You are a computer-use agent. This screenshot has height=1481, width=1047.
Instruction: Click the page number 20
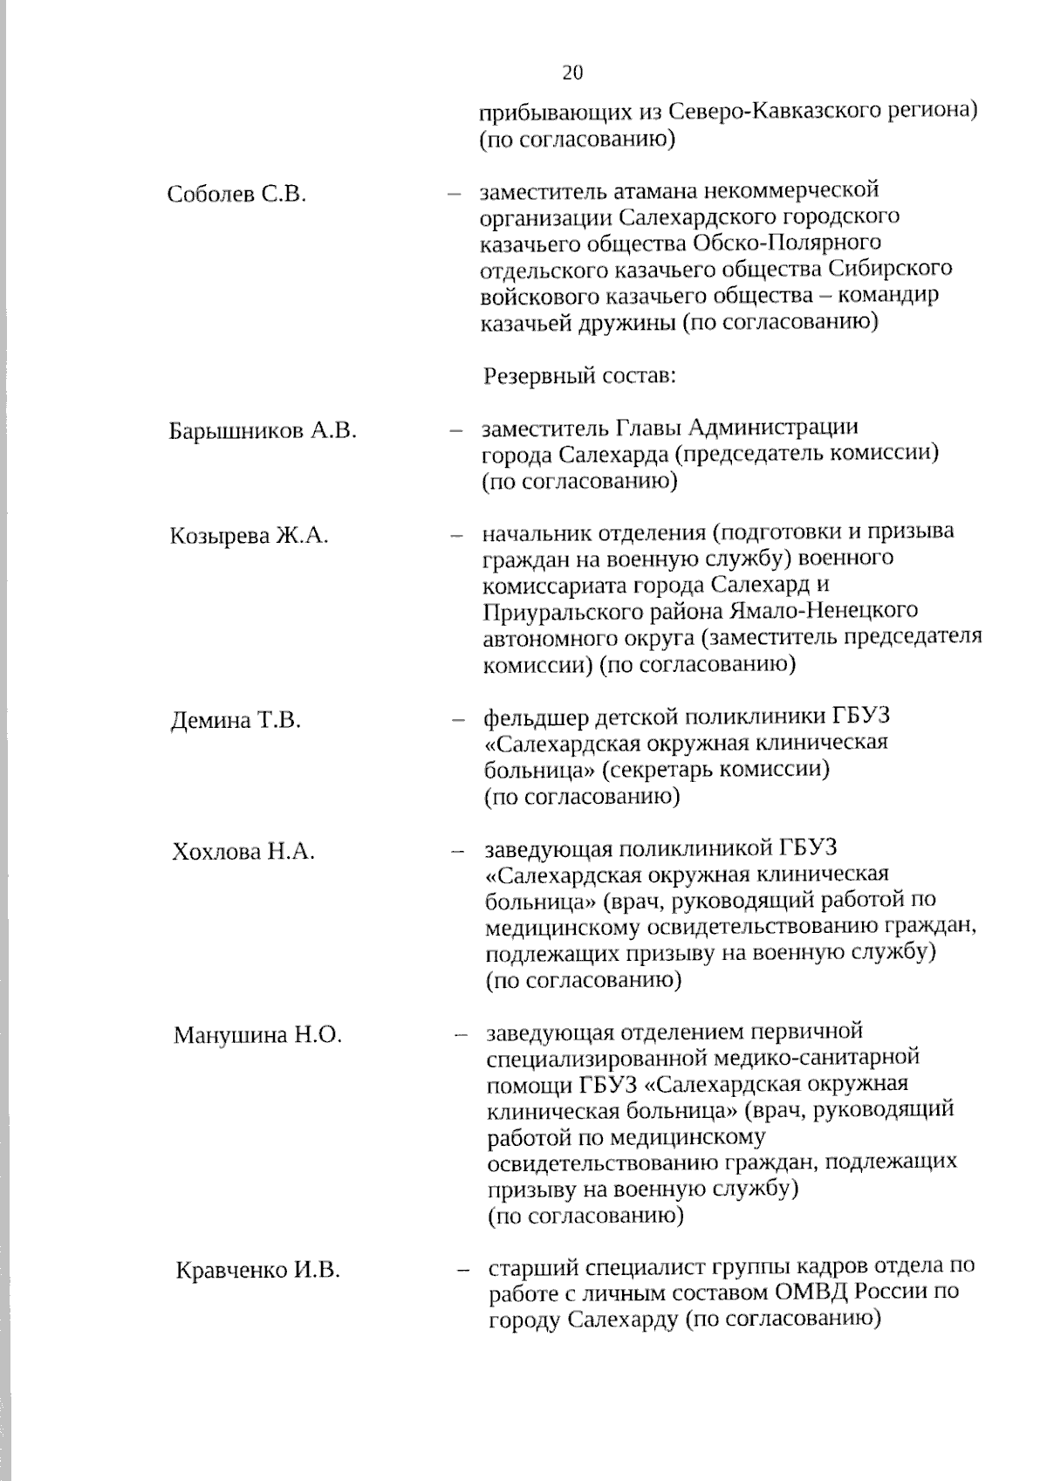572,72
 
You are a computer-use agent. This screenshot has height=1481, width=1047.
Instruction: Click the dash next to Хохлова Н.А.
455,852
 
